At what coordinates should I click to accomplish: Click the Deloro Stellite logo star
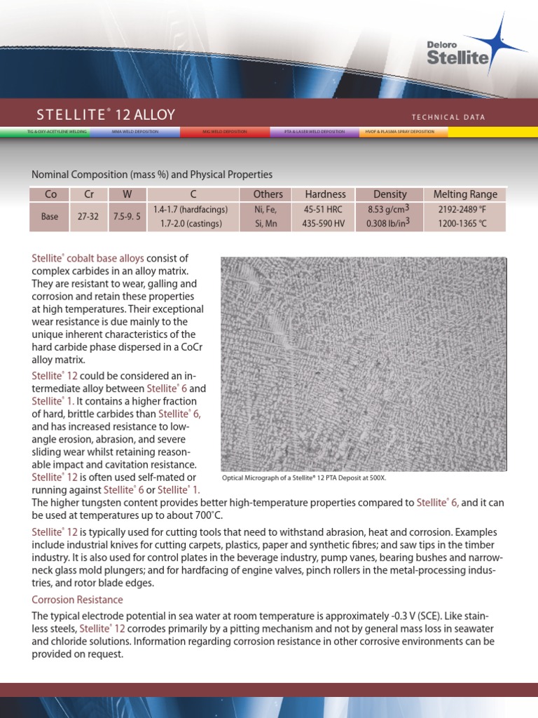point(499,41)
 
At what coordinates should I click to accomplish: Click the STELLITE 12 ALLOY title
point(106,115)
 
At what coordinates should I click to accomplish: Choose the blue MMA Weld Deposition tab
point(134,132)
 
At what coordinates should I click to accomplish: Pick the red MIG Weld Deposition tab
point(224,132)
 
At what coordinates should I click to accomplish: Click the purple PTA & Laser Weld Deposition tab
point(314,132)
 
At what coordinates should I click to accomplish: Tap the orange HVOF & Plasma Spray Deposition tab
point(403,132)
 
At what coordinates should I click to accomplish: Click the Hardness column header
point(325,194)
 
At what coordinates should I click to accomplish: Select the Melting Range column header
point(465,194)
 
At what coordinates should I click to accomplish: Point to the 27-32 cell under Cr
point(88,217)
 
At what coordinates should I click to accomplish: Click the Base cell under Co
point(49,217)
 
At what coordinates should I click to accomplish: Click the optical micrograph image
point(364,363)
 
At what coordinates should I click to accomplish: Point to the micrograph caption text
point(304,477)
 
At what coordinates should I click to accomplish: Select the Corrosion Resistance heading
point(77,600)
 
